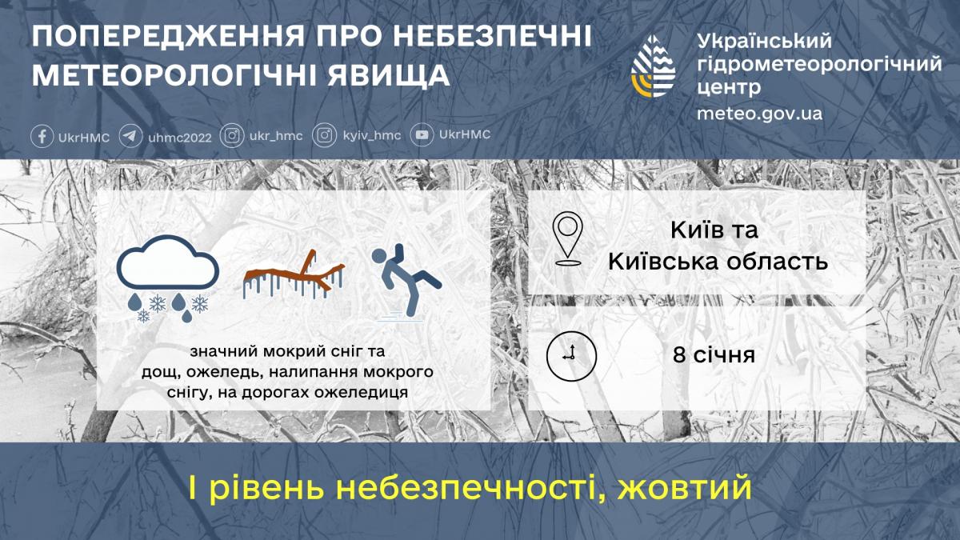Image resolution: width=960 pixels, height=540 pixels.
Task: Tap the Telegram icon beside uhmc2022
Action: tap(131, 136)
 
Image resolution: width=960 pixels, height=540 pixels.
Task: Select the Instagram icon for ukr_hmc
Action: tap(232, 136)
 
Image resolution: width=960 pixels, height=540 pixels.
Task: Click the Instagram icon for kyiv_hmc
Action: tap(324, 136)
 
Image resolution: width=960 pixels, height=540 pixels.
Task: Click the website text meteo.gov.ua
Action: tap(759, 114)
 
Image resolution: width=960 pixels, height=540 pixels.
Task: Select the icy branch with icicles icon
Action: tap(294, 275)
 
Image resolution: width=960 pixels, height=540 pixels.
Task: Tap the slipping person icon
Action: tap(404, 281)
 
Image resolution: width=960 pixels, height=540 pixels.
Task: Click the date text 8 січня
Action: tap(714, 354)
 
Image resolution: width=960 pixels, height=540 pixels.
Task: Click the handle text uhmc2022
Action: tap(180, 137)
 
